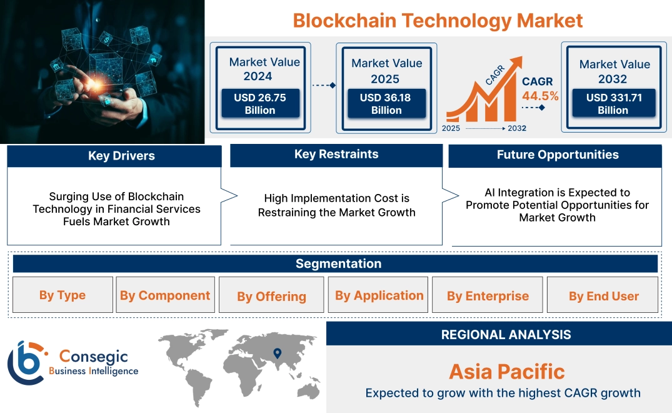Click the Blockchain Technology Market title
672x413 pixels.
click(x=438, y=20)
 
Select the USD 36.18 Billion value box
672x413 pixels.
click(x=386, y=103)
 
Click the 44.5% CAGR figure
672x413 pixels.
click(x=541, y=96)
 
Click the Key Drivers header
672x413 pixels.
click(x=121, y=156)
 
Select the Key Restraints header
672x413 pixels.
click(x=336, y=155)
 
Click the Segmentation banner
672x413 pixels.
click(x=338, y=263)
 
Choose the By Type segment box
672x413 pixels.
click(x=63, y=295)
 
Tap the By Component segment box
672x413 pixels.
click(x=165, y=295)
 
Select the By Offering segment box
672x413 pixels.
click(x=271, y=296)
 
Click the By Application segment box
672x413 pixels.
click(x=379, y=295)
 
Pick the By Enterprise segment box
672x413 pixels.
click(x=488, y=296)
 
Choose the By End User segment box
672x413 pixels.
click(x=603, y=296)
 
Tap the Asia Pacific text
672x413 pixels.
click(x=506, y=372)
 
